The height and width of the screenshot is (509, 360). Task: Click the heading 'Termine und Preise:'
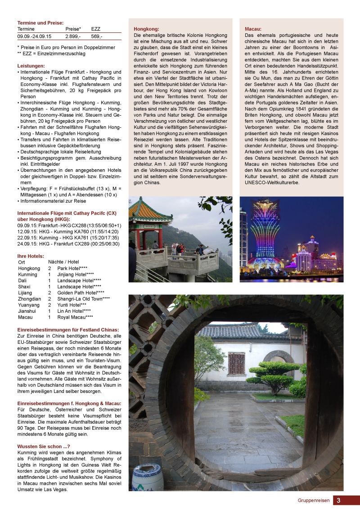(x=40, y=23)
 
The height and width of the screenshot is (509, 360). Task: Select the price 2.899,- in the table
(x=73, y=36)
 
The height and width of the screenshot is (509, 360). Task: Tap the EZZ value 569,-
(x=97, y=36)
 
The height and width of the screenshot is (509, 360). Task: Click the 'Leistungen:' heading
(x=31, y=66)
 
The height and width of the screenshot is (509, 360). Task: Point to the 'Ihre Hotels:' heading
(x=31, y=256)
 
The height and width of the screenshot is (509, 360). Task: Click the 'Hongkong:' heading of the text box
(x=146, y=29)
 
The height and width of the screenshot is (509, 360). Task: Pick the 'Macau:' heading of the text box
(x=253, y=29)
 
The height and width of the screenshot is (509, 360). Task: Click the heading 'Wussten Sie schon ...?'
(x=44, y=446)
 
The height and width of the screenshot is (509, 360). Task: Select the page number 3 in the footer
(x=338, y=500)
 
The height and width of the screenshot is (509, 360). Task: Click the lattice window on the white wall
(x=236, y=363)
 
